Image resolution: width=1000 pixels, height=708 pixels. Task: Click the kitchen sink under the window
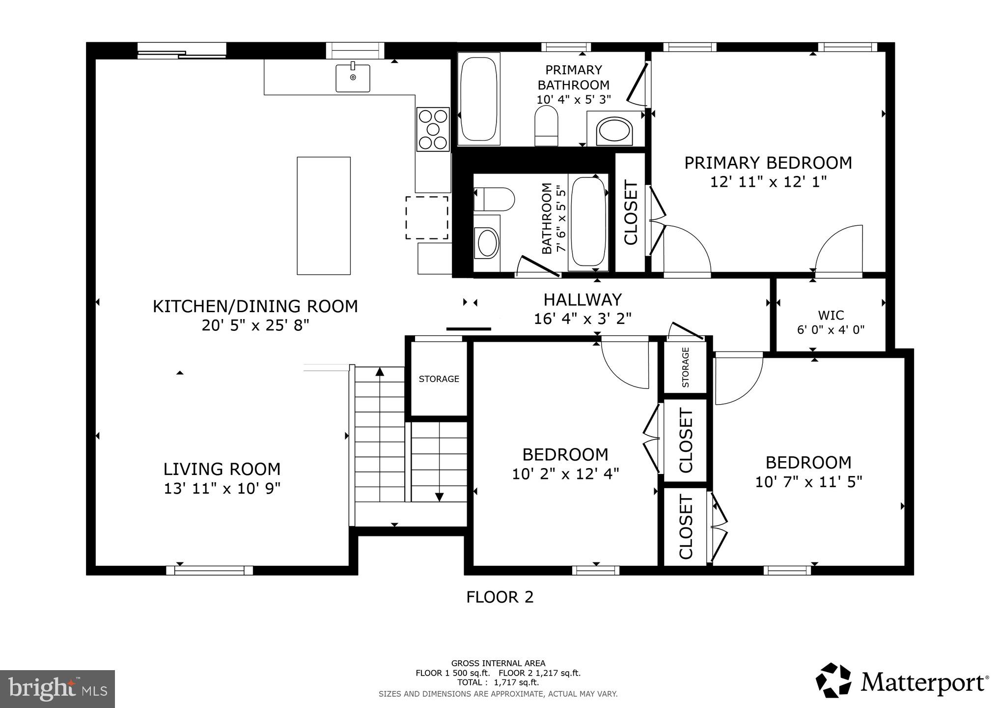353,78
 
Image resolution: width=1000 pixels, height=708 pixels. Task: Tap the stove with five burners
433,129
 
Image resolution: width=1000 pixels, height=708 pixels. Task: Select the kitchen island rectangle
324,216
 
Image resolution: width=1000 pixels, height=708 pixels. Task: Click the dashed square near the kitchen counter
426,218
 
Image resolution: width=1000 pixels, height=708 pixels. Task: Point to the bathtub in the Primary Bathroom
479,99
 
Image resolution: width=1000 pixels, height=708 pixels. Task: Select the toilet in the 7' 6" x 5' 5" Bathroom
495,199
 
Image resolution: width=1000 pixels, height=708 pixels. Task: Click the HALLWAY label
583,299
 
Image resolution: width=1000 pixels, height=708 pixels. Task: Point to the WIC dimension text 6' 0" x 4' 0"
831,329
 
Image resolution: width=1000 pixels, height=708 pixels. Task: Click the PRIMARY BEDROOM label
768,163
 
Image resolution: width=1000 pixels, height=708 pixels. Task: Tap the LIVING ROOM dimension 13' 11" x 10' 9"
222,488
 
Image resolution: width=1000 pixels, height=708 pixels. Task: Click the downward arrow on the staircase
439,497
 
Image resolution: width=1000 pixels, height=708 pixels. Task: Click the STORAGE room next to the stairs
439,379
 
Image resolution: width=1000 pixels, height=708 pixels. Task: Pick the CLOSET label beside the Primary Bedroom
631,212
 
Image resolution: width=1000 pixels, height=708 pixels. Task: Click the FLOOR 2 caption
500,597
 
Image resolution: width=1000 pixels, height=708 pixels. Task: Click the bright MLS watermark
57,688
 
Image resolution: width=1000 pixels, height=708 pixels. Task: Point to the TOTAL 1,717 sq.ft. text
498,682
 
